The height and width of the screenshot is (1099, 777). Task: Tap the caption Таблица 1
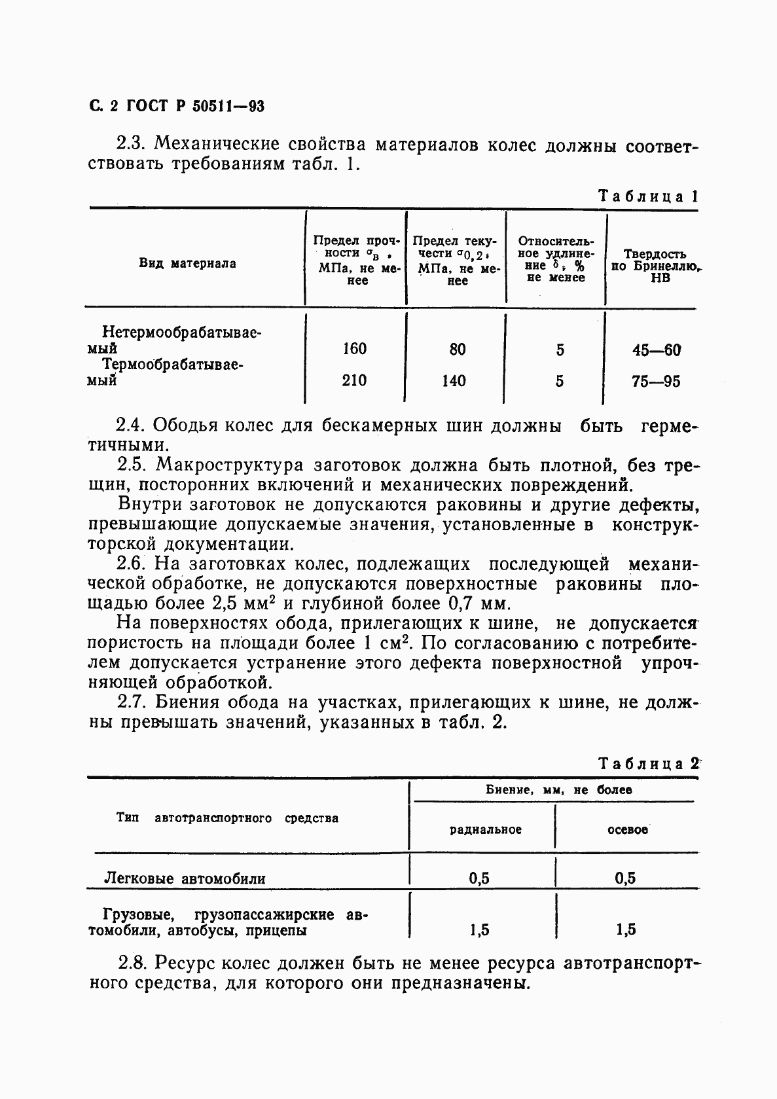pyautogui.click(x=648, y=196)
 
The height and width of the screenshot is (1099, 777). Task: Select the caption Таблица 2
pyautogui.click(x=649, y=763)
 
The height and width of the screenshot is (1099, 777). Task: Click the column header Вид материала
pyautogui.click(x=187, y=264)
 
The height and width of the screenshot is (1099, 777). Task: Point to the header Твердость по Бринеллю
pyautogui.click(x=655, y=266)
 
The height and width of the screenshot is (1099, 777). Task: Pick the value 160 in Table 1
pyautogui.click(x=354, y=349)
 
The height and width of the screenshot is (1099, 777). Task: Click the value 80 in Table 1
pyautogui.click(x=458, y=350)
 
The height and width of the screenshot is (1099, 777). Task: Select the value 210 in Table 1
pyautogui.click(x=354, y=380)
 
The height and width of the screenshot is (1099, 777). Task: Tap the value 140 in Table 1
pyautogui.click(x=454, y=380)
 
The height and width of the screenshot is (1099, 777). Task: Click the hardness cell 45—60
pyautogui.click(x=656, y=350)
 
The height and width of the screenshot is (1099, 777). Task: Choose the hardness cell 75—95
pyautogui.click(x=656, y=381)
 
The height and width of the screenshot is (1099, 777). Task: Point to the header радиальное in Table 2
pyautogui.click(x=485, y=829)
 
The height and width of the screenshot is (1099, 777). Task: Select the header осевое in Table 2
pyautogui.click(x=627, y=829)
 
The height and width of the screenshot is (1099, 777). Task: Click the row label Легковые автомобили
pyautogui.click(x=185, y=878)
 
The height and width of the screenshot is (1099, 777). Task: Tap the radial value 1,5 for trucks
pyautogui.click(x=479, y=929)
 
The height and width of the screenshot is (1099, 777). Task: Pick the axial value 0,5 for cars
pyautogui.click(x=625, y=878)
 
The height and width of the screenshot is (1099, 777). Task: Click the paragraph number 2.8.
pyautogui.click(x=132, y=964)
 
